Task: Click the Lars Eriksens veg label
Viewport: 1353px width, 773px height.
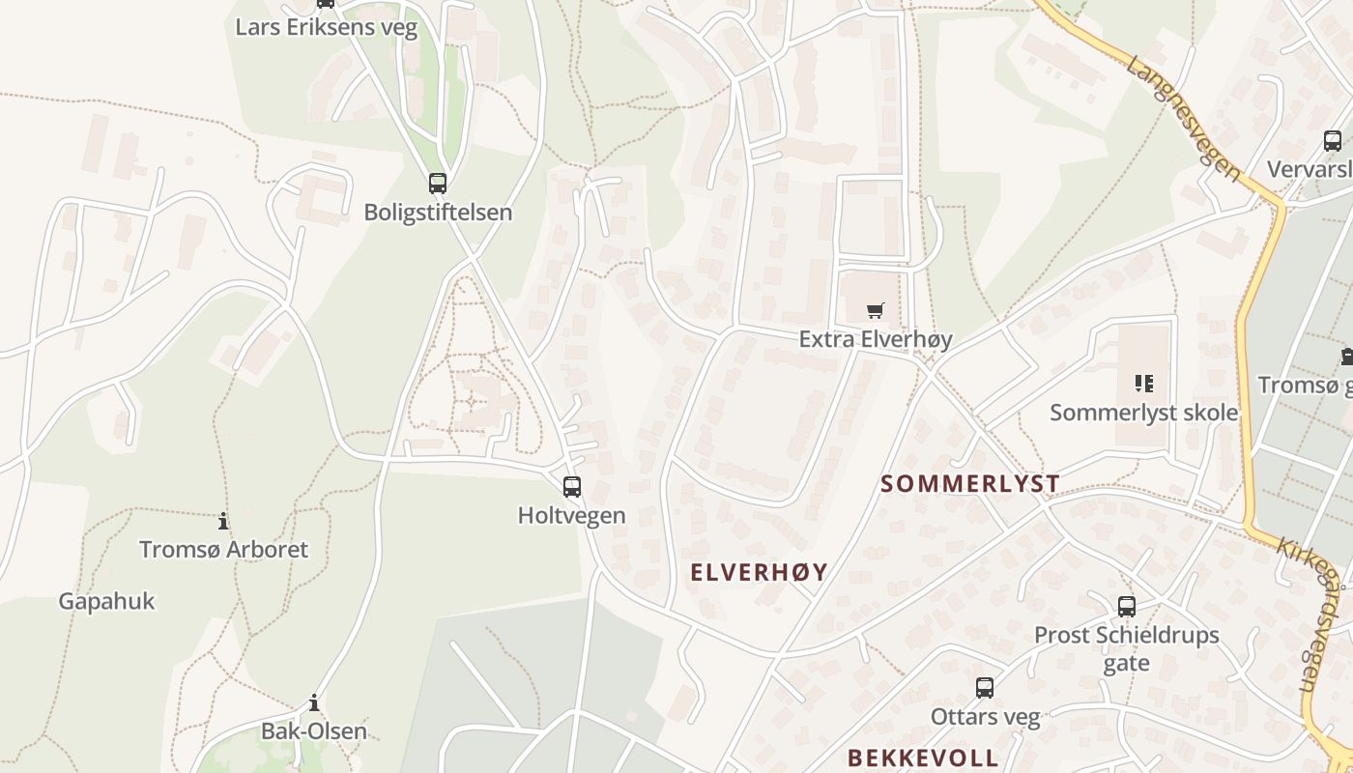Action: pyautogui.click(x=327, y=27)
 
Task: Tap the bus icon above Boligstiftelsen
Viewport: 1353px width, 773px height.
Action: pyautogui.click(x=438, y=183)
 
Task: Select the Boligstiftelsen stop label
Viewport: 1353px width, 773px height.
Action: pyautogui.click(x=438, y=212)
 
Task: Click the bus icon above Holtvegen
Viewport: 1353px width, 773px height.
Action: pyautogui.click(x=572, y=486)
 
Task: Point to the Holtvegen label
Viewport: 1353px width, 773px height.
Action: pyautogui.click(x=572, y=515)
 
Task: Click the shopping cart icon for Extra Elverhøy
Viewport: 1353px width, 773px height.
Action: pyautogui.click(x=876, y=310)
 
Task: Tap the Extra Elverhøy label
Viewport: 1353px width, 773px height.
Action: pyautogui.click(x=876, y=339)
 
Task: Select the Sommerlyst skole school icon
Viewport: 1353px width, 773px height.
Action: pyautogui.click(x=1144, y=384)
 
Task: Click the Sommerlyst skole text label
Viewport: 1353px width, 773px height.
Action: pyautogui.click(x=1144, y=413)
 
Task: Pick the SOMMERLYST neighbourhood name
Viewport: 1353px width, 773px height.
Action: pyautogui.click(x=970, y=483)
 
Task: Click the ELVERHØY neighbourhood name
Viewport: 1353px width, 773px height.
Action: pyautogui.click(x=760, y=572)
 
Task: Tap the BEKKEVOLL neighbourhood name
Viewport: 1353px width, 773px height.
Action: pyautogui.click(x=923, y=757)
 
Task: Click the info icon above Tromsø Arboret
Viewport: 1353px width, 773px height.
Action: pyautogui.click(x=223, y=521)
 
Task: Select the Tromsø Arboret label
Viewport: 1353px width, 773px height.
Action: pyautogui.click(x=223, y=550)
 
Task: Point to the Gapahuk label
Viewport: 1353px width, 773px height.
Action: pyautogui.click(x=106, y=601)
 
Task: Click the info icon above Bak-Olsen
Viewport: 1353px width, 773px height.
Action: pyautogui.click(x=314, y=702)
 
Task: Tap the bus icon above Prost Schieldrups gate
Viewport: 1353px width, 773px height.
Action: pyautogui.click(x=1127, y=607)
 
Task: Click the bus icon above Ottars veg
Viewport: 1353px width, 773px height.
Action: pyautogui.click(x=985, y=688)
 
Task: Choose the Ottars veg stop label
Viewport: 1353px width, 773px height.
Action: pyautogui.click(x=985, y=717)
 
